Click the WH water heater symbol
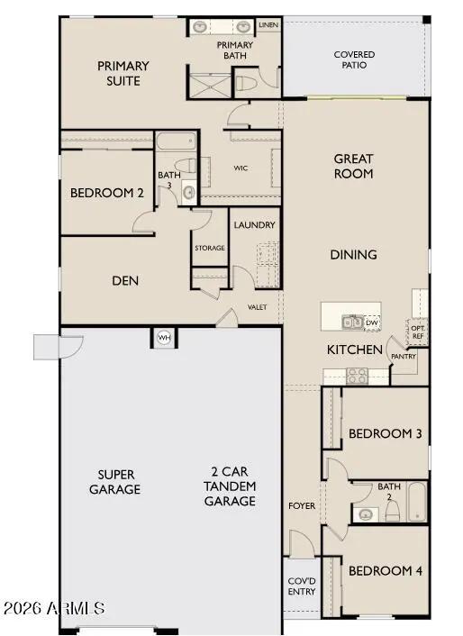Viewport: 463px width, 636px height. point(164,337)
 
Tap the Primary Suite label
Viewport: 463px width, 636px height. point(123,73)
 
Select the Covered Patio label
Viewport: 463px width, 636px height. point(354,60)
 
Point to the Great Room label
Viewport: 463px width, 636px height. point(353,166)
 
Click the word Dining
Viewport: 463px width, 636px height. point(353,255)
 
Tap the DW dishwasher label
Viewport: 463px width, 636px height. point(371,322)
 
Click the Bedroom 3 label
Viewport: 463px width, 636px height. point(385,433)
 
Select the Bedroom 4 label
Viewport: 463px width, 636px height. point(385,570)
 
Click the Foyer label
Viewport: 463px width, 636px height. point(302,506)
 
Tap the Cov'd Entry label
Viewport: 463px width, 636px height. point(301,586)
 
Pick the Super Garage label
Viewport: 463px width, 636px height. point(114,482)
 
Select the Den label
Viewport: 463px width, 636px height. point(125,280)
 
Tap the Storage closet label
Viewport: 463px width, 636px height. point(209,248)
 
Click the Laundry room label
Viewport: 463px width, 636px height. point(254,224)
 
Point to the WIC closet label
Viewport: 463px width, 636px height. point(241,168)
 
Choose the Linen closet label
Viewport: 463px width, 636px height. point(268,25)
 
